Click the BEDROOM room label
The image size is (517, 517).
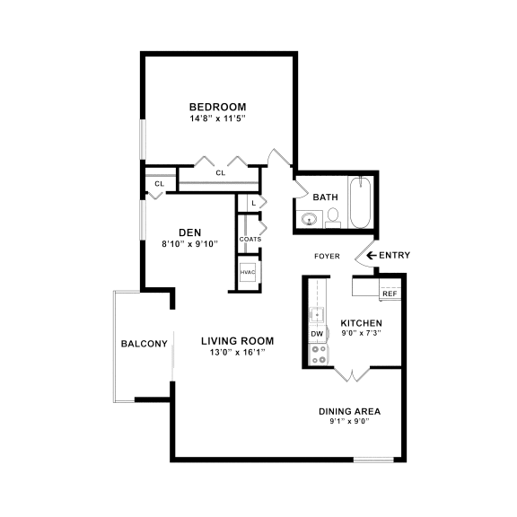click(217, 107)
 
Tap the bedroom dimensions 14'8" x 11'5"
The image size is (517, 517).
click(217, 118)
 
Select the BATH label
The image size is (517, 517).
click(325, 197)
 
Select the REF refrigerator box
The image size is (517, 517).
click(389, 294)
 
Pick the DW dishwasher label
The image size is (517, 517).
click(317, 334)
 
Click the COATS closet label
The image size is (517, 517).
click(250, 239)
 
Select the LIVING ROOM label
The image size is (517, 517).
click(237, 341)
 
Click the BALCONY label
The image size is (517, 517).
click(144, 344)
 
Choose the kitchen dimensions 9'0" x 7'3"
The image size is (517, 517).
click(361, 334)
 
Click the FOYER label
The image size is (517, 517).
click(327, 256)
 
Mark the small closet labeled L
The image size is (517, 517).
click(254, 204)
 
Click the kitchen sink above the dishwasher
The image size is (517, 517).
click(317, 314)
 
